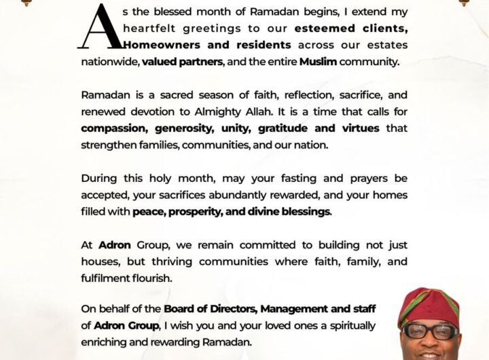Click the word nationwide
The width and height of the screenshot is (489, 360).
109,61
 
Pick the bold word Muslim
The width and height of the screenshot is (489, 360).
319,61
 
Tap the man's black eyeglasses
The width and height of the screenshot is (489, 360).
431,331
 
